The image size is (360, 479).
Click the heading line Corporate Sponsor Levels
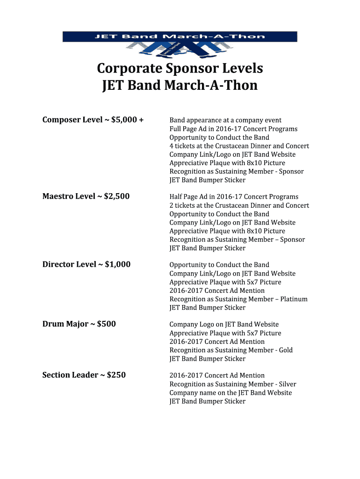tap(180, 69)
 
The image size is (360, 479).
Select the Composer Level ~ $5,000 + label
tap(93, 120)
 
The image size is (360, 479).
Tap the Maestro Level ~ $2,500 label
tap(86, 196)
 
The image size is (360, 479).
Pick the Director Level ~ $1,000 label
tap(86, 264)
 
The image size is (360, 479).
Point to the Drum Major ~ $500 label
tap(79, 324)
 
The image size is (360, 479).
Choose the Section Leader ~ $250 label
tap(84, 375)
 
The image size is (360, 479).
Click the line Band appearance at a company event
tap(225, 120)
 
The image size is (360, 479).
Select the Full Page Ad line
tap(233, 129)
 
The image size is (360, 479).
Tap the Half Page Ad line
tap(234, 197)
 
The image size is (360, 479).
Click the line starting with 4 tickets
tap(239, 146)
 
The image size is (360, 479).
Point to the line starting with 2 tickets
tap(239, 205)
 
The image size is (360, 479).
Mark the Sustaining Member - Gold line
tap(231, 350)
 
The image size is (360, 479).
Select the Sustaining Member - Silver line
tap(233, 384)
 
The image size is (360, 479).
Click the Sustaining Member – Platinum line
tap(238, 299)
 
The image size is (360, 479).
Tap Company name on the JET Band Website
tap(230, 392)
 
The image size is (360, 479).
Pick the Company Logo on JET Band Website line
tap(224, 324)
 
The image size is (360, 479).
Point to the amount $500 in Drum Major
tap(107, 324)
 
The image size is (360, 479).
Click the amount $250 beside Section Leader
tap(116, 375)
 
